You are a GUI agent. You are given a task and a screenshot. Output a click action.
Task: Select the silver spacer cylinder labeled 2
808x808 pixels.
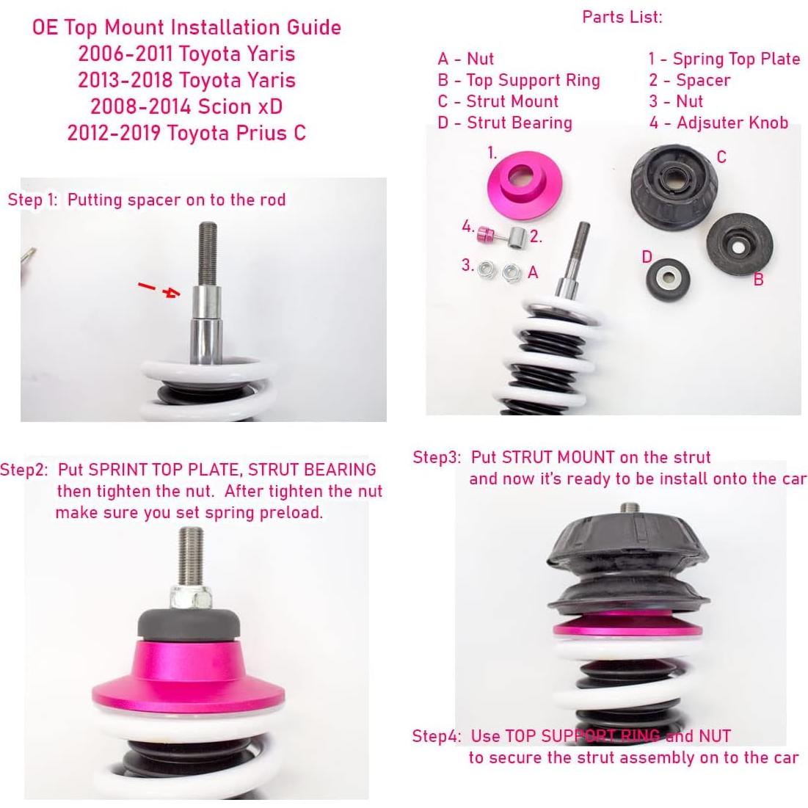(517, 238)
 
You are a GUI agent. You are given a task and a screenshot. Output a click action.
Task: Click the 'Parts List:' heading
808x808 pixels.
(622, 16)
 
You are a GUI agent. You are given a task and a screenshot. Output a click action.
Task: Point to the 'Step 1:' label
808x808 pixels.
(32, 200)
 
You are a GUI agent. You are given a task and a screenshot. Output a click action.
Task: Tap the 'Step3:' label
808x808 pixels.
(437, 457)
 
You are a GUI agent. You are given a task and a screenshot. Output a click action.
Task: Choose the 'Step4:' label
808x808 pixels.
(436, 736)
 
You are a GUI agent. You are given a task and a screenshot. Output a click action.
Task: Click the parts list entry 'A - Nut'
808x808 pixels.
(465, 59)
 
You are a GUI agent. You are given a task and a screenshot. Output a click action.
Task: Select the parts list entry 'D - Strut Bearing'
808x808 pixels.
(504, 123)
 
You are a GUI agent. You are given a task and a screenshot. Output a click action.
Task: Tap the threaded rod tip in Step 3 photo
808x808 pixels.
(630, 508)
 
